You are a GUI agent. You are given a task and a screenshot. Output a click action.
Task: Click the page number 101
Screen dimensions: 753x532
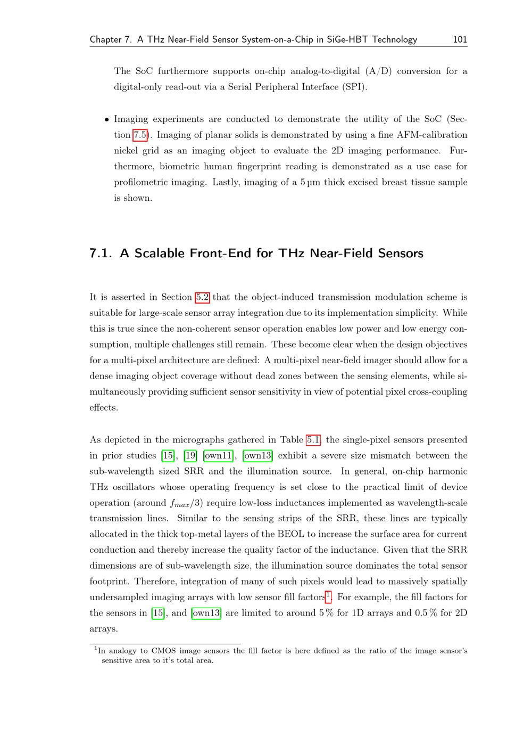460,39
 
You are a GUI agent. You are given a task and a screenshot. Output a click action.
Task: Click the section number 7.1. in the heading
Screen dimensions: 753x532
101,253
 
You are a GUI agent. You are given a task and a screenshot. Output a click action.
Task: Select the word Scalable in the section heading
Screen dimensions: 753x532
159,253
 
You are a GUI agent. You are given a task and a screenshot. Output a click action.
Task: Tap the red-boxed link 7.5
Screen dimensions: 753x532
140,135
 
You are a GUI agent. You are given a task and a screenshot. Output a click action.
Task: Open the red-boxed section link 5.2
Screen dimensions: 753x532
202,297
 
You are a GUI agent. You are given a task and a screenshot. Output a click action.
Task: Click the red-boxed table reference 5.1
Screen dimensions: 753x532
313,440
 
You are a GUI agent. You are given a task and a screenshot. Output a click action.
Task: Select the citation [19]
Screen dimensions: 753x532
190,455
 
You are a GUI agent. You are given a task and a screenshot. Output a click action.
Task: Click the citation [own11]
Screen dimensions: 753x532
219,455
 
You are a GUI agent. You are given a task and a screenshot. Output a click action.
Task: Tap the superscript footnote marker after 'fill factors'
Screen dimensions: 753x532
328,595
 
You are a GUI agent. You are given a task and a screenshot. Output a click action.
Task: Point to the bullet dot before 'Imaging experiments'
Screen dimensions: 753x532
107,120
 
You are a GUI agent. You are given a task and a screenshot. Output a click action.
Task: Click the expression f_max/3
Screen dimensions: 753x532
186,503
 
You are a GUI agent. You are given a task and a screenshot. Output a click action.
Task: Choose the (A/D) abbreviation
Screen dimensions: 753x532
378,71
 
